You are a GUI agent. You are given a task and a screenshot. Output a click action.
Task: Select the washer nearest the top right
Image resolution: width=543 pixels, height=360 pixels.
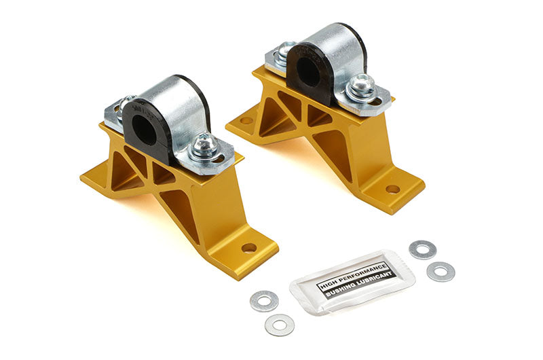(422, 249)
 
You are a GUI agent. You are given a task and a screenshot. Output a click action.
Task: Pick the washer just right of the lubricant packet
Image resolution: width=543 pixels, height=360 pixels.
(441, 272)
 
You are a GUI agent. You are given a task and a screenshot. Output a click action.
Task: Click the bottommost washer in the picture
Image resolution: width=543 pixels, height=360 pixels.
(279, 325)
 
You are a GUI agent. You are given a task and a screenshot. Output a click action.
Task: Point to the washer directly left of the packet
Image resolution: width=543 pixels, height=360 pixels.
(263, 301)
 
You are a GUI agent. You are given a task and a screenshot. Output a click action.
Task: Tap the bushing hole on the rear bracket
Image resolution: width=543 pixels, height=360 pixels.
(310, 71)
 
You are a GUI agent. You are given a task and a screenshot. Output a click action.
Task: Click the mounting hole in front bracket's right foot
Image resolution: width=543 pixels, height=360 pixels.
(249, 248)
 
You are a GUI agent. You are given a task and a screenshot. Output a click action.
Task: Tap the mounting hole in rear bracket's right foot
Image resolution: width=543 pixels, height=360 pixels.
(392, 189)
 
